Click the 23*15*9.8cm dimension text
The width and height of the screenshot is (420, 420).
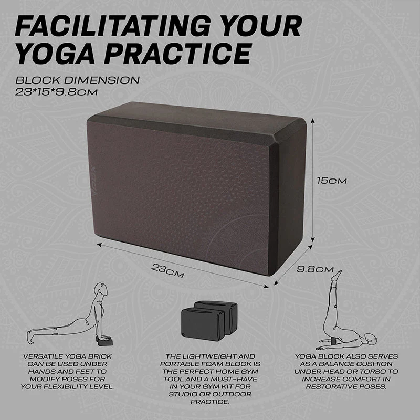[56, 92]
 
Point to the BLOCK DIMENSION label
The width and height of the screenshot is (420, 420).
[77, 80]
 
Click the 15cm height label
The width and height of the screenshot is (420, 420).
[332, 181]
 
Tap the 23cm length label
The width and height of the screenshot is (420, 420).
[167, 270]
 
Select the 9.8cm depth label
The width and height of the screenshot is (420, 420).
[316, 269]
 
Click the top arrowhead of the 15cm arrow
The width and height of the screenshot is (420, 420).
[312, 121]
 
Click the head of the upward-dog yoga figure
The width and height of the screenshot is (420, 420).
[102, 289]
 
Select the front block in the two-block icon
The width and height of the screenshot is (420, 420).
[203, 324]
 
